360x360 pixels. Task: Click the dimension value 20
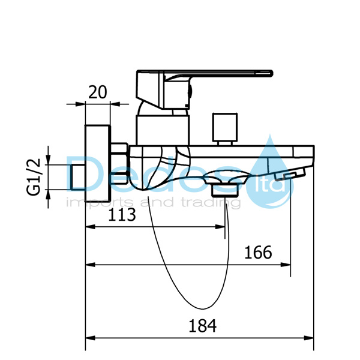pos(98,92)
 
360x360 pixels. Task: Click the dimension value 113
pos(122,215)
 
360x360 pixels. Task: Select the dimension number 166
pos(258,253)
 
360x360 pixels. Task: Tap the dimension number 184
pos(203,326)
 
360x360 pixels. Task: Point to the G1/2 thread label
pos(34,177)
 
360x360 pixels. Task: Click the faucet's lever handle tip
pos(271,73)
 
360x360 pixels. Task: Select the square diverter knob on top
pos(225,127)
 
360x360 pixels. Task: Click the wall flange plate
pos(98,163)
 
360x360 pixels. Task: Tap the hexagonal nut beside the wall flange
pos(119,163)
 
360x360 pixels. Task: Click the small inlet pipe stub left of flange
pos(77,177)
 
